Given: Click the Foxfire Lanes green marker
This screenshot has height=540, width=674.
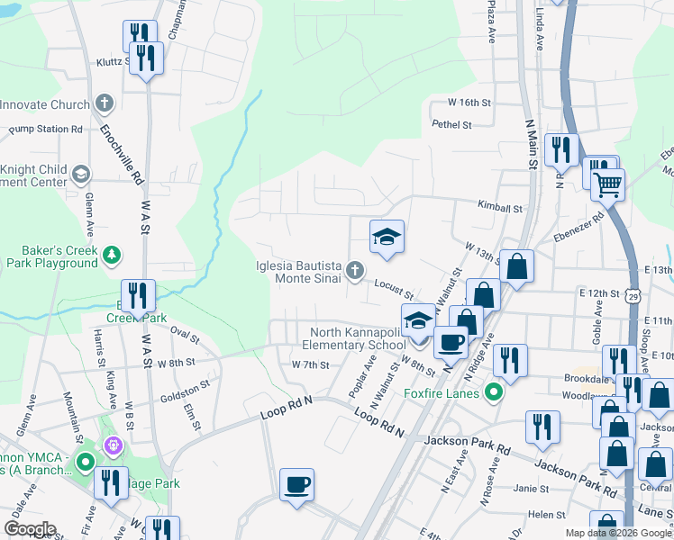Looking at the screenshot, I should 492,392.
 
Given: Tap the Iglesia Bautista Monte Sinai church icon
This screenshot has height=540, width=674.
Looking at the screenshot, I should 356,269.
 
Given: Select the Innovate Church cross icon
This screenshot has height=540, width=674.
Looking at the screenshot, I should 105,103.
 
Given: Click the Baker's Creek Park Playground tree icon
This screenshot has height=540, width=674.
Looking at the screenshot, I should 111,255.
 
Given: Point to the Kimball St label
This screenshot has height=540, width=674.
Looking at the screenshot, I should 500,208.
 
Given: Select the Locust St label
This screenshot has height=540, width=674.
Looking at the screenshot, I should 393,290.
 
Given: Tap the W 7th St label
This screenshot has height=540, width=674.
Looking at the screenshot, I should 310,364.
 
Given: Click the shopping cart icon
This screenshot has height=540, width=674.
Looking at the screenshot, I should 609,185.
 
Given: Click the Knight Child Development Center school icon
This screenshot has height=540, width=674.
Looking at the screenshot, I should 80,173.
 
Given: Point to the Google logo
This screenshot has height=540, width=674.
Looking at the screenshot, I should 30,529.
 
